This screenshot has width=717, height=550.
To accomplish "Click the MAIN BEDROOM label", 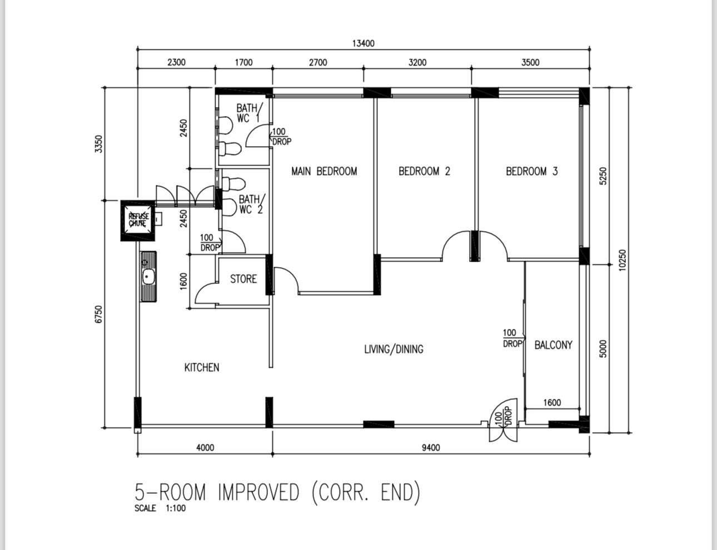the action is click(x=324, y=171).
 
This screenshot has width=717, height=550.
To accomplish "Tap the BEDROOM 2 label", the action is click(x=424, y=171).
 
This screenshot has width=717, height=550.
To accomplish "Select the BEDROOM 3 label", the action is click(x=532, y=171).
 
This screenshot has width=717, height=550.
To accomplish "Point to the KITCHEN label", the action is click(x=202, y=367).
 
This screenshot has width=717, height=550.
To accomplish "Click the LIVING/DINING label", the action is click(x=394, y=349).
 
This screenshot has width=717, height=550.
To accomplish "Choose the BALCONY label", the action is click(x=554, y=345).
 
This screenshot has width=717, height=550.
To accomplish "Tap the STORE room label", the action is click(x=243, y=279).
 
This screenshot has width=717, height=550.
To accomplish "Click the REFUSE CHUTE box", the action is click(x=138, y=221).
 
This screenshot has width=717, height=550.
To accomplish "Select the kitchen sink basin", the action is click(x=148, y=277).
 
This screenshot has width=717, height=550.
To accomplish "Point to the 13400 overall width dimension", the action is click(x=364, y=43).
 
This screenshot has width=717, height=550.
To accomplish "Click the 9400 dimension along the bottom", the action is click(x=431, y=447).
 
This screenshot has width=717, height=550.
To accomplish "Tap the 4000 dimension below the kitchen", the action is click(x=205, y=447).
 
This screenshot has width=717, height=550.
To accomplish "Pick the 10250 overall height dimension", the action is click(x=623, y=260).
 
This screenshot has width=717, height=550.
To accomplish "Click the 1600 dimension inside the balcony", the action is click(x=552, y=403).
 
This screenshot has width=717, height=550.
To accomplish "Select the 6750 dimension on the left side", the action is click(x=99, y=314).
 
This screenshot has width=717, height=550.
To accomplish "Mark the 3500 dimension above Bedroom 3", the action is click(x=530, y=62).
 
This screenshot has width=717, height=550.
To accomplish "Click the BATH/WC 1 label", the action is click(x=250, y=113).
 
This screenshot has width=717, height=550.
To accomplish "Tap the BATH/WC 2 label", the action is click(x=251, y=204).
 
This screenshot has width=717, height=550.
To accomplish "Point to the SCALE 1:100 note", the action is click(x=160, y=508).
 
